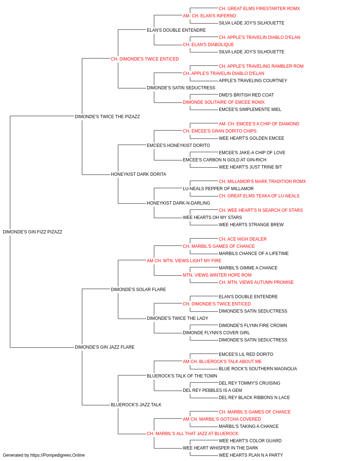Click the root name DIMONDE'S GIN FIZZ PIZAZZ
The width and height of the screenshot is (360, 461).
[x=32, y=232]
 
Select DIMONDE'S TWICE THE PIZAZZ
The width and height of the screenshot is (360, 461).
[x=107, y=116]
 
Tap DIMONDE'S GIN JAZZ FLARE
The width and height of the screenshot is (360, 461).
[x=104, y=347]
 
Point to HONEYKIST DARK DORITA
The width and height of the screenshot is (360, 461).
[x=139, y=174]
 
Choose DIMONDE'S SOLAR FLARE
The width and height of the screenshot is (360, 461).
[x=138, y=289]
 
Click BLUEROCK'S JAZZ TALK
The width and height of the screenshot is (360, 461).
[x=136, y=404]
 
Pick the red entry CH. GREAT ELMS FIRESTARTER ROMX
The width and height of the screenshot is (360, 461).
[x=259, y=9]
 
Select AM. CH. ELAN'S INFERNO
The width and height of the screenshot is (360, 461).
[x=209, y=16]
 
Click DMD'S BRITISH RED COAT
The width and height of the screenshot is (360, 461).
[x=246, y=95]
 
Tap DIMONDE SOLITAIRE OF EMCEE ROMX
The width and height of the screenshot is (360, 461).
[x=224, y=102]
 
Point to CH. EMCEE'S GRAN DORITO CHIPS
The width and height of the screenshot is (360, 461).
[x=220, y=131]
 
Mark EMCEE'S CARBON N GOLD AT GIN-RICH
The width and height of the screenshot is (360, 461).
[x=225, y=160]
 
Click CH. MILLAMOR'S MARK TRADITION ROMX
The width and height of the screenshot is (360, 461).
[x=262, y=182]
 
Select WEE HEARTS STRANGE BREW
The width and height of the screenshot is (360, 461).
[x=251, y=224]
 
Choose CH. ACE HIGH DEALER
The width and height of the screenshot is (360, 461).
[x=243, y=239]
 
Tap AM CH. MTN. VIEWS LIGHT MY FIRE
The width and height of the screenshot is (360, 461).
[x=184, y=260]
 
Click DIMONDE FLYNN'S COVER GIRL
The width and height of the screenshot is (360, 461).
[x=216, y=333]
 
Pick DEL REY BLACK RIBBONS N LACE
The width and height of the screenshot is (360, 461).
[x=254, y=397]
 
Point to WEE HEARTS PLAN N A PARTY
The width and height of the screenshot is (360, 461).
[x=251, y=455]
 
